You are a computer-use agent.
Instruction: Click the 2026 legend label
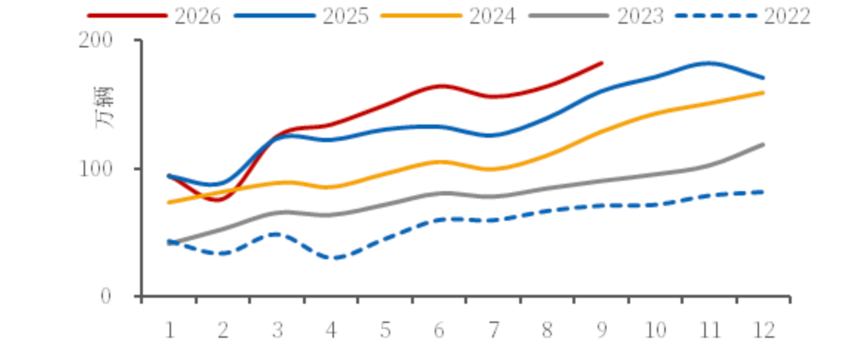(x=198, y=16)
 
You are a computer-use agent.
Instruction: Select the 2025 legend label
(x=345, y=16)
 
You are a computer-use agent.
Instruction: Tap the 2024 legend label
(x=492, y=16)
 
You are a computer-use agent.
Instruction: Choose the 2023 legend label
(x=640, y=16)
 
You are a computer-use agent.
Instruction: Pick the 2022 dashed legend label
(x=787, y=16)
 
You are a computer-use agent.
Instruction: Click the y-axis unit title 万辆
(x=104, y=108)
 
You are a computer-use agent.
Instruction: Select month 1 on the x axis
(x=170, y=330)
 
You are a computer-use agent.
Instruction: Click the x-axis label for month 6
(x=438, y=330)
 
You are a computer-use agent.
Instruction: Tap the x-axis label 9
(x=601, y=330)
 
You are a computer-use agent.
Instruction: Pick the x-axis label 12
(x=763, y=330)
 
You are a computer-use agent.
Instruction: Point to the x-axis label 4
(x=331, y=330)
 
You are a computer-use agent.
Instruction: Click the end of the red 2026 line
(x=602, y=63)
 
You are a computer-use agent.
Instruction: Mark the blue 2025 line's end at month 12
(x=764, y=78)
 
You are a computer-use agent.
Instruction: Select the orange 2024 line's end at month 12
(x=764, y=93)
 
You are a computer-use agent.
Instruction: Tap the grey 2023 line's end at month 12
(x=764, y=144)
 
